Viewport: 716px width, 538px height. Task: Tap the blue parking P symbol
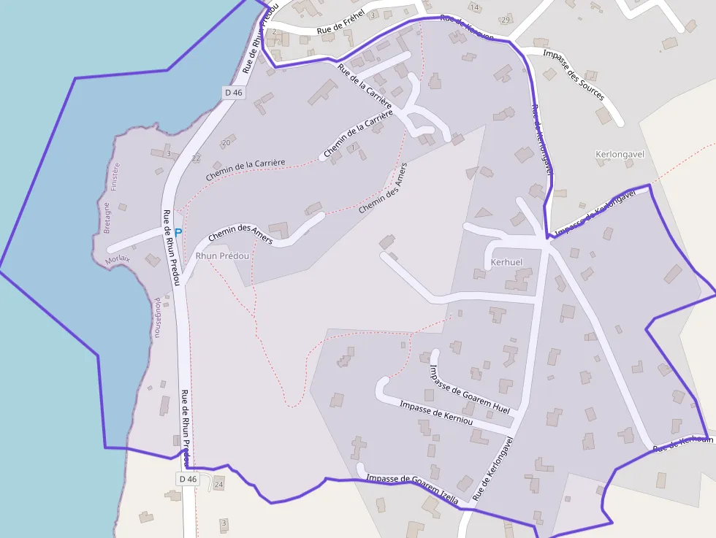click(x=178, y=233)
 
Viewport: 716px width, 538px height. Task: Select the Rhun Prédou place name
click(x=222, y=256)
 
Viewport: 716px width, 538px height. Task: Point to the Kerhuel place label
click(x=506, y=262)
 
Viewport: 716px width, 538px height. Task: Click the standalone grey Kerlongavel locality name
click(x=621, y=155)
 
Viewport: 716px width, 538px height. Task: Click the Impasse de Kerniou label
click(x=436, y=413)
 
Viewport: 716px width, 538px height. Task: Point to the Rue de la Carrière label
click(x=365, y=90)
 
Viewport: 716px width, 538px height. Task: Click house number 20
click(x=226, y=142)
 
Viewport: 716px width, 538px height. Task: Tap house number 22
click(x=196, y=158)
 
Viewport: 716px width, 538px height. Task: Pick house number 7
click(x=353, y=147)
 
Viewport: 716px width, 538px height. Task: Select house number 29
click(x=506, y=20)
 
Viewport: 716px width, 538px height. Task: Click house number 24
click(x=218, y=485)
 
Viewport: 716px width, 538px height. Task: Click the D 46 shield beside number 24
click(x=188, y=479)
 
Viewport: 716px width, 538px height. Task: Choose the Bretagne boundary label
click(x=106, y=218)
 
